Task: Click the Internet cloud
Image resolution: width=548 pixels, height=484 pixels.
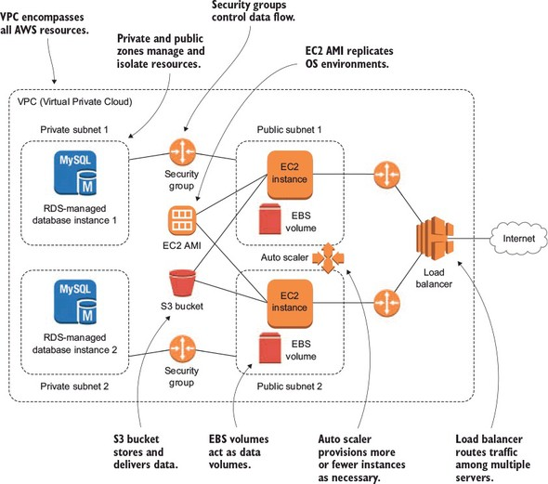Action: pyautogui.click(x=518, y=239)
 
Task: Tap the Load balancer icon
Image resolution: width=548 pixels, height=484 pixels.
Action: pyautogui.click(x=435, y=239)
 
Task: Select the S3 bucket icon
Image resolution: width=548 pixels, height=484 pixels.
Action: pyautogui.click(x=182, y=283)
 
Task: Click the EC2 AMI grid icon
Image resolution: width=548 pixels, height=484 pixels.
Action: pyautogui.click(x=182, y=220)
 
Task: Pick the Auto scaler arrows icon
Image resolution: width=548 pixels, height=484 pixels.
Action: pyautogui.click(x=328, y=258)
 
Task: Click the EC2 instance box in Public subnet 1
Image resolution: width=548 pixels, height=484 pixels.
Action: pyautogui.click(x=290, y=175)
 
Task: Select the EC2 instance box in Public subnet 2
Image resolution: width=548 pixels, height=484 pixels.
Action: pyautogui.click(x=290, y=304)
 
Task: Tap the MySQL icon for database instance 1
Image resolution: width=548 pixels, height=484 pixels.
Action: pyautogui.click(x=75, y=173)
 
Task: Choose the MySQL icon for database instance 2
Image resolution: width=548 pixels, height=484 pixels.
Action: pyautogui.click(x=75, y=302)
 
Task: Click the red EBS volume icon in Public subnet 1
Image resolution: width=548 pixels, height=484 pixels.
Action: pyautogui.click(x=269, y=218)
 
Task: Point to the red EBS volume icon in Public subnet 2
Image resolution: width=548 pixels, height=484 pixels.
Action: pyautogui.click(x=269, y=347)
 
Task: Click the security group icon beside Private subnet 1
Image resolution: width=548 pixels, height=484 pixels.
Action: pyautogui.click(x=182, y=152)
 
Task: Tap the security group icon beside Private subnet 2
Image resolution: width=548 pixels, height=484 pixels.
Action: pyautogui.click(x=182, y=348)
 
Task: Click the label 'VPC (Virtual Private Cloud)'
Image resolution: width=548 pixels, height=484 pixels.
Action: pyautogui.click(x=75, y=101)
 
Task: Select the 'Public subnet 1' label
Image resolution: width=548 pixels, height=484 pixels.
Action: pyautogui.click(x=290, y=130)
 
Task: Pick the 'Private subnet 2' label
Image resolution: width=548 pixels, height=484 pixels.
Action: pyautogui.click(x=74, y=386)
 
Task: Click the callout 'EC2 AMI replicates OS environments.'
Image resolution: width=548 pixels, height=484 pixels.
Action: pyautogui.click(x=349, y=58)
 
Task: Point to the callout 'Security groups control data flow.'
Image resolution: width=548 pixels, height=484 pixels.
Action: pyautogui.click(x=253, y=11)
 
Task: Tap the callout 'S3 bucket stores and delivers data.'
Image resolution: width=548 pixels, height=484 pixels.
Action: pyautogui.click(x=146, y=451)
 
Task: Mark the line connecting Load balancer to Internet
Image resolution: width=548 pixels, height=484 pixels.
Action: pyautogui.click(x=469, y=239)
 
